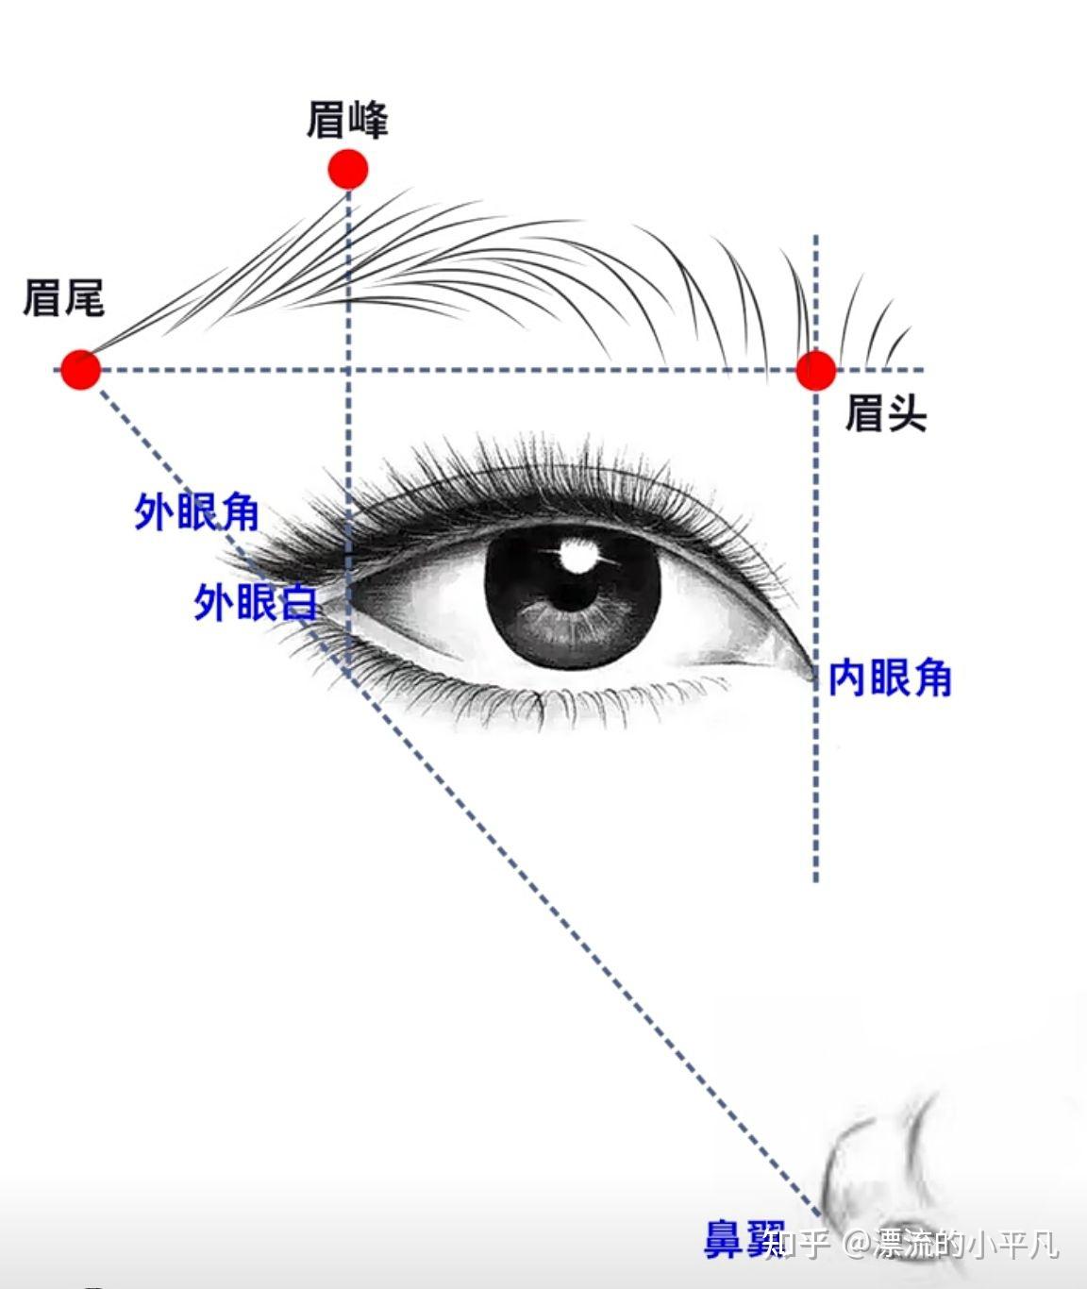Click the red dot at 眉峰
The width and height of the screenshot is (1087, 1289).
348,170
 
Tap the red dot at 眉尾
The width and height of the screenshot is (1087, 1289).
81,369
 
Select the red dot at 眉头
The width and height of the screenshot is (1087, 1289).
815,370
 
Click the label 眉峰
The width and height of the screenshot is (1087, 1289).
347,121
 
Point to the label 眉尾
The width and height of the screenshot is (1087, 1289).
63,297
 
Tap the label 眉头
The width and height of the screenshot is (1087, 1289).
885,413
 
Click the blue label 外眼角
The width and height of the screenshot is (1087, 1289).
196,512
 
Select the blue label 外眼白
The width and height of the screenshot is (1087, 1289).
256,602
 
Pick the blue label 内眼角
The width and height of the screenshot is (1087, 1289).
890,678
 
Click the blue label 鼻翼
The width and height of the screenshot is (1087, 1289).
742,1238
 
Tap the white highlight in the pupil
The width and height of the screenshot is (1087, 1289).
575,554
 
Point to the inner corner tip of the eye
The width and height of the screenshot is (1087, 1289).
812,672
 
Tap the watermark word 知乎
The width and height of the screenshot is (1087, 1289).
797,1244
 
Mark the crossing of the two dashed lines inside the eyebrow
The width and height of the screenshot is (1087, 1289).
348,370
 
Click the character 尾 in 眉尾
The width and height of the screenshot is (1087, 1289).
84,297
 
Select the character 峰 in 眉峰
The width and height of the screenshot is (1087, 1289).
368,121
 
